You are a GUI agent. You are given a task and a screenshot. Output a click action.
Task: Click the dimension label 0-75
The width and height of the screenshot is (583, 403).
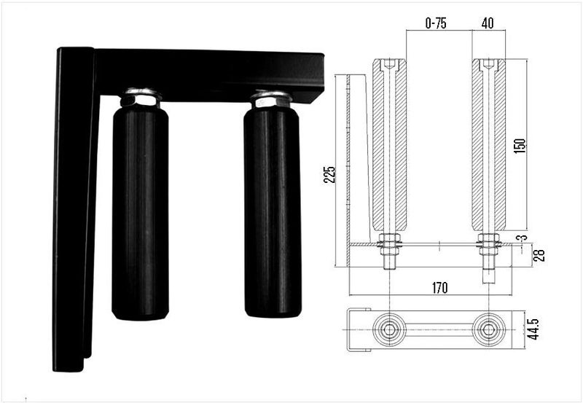click(436, 23)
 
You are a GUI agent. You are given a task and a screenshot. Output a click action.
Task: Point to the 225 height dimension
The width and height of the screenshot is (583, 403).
click(330, 173)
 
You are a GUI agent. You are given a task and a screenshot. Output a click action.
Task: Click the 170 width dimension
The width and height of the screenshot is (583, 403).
click(439, 288)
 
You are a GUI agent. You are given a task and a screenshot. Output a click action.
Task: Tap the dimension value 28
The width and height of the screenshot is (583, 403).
click(539, 255)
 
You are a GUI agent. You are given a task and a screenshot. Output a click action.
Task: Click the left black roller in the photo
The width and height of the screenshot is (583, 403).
click(140, 211)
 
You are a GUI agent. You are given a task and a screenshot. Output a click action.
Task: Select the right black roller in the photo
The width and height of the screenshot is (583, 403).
click(273, 211)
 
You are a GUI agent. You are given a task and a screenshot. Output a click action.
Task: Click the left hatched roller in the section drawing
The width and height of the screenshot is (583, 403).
click(390, 146)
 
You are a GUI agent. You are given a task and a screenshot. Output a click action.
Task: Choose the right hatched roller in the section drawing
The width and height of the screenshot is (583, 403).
click(488, 146)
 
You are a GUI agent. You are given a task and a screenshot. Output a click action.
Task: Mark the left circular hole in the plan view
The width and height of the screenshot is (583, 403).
click(390, 330)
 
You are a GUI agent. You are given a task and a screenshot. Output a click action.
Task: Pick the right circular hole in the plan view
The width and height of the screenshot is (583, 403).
click(488, 330)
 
